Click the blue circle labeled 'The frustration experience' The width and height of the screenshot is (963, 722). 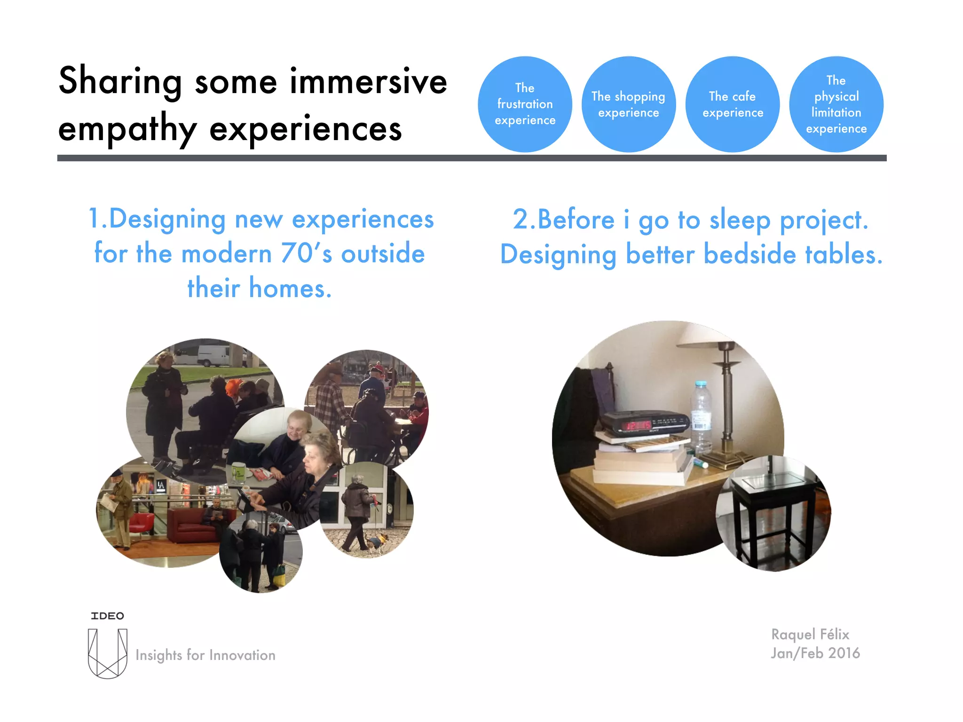click(x=525, y=104)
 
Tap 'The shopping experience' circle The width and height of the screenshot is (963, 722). click(x=628, y=104)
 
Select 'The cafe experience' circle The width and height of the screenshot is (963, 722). click(x=732, y=104)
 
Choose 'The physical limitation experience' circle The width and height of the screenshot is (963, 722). click(x=836, y=104)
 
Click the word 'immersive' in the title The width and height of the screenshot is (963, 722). click(x=368, y=81)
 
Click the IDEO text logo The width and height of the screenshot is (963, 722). click(x=107, y=616)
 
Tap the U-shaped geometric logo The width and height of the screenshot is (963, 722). click(x=108, y=653)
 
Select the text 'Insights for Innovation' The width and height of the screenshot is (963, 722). click(x=205, y=655)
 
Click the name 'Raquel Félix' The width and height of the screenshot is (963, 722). click(x=810, y=635)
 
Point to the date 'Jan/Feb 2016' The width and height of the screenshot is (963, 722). click(x=815, y=653)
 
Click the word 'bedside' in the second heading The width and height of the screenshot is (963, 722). click(x=750, y=255)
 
